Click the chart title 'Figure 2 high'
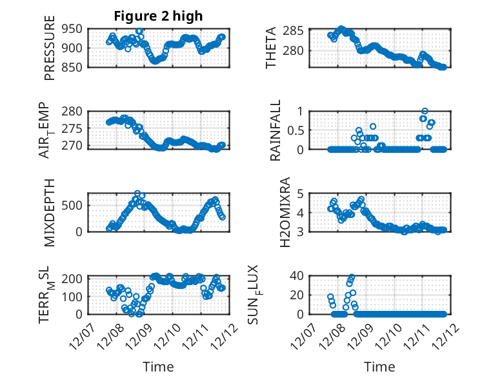coord(158,16)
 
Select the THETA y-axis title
coord(271,48)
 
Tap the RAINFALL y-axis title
coord(276,130)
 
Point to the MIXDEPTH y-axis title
coord(50,212)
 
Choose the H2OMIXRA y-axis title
coord(271,212)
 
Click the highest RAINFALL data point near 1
coord(425,111)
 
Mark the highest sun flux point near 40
coord(352,277)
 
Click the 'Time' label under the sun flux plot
coord(379,367)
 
